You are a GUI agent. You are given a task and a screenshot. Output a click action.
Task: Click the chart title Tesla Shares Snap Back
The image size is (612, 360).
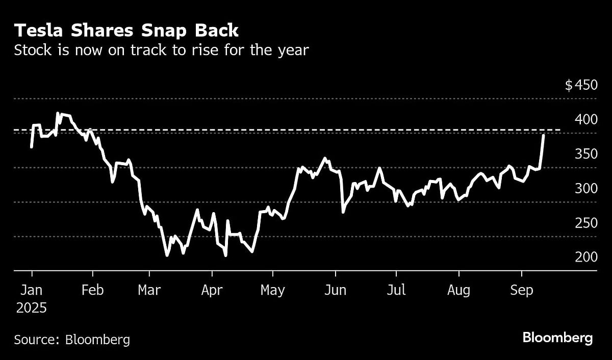click(x=126, y=31)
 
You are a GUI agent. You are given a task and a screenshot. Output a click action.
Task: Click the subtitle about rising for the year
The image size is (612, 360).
click(x=161, y=50)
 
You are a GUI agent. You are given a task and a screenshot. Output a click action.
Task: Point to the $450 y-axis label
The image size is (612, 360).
click(x=580, y=85)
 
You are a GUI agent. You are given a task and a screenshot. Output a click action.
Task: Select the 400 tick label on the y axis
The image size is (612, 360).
click(x=585, y=119)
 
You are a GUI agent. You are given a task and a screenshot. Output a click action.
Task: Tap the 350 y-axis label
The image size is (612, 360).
click(x=585, y=154)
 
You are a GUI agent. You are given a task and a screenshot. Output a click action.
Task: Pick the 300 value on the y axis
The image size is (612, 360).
click(x=585, y=189)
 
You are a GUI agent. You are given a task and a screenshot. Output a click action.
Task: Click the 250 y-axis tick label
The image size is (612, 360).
click(x=585, y=223)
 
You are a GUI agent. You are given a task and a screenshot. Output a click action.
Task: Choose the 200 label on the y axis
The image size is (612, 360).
click(x=585, y=257)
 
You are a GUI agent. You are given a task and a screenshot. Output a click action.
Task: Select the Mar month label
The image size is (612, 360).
click(x=149, y=290)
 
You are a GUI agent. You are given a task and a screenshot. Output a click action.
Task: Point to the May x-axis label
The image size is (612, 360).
click(x=272, y=290)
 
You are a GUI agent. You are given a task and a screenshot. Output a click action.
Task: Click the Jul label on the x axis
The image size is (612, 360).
click(x=396, y=290)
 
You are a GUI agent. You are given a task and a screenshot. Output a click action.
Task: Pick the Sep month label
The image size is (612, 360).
click(x=521, y=290)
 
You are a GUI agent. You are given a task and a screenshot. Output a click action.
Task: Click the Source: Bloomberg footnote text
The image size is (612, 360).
click(x=72, y=340)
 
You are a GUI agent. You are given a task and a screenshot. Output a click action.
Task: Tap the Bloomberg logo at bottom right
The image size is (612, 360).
click(x=557, y=338)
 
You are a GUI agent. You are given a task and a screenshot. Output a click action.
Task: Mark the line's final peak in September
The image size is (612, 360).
click(x=544, y=136)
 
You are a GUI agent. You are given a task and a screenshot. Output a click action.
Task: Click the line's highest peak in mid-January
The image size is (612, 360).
click(x=58, y=114)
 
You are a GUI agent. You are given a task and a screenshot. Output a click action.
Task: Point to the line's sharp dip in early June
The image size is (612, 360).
click(x=343, y=212)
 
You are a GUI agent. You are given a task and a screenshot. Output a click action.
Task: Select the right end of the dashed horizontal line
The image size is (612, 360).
click(x=559, y=131)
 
